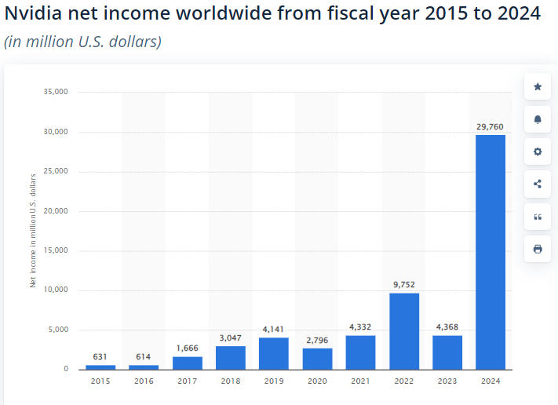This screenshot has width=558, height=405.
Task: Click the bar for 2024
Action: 491,251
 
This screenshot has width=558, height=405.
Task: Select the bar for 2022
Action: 404,330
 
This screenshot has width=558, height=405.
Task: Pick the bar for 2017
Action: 187,363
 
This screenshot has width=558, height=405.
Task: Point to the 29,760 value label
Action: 491,126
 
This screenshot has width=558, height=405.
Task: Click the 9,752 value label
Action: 404,284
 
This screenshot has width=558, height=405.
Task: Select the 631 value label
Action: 100,356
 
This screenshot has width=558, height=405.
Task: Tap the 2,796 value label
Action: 317,339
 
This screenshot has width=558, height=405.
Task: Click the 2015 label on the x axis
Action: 100,381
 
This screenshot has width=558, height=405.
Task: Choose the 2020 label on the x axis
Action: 317,381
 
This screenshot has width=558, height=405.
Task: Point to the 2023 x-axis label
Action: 447,381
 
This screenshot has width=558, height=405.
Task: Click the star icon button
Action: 538,86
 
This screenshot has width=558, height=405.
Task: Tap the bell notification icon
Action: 538,119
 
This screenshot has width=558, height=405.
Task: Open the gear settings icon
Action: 538,151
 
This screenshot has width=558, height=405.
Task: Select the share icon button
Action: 538,184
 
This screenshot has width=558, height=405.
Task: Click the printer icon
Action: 538,249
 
